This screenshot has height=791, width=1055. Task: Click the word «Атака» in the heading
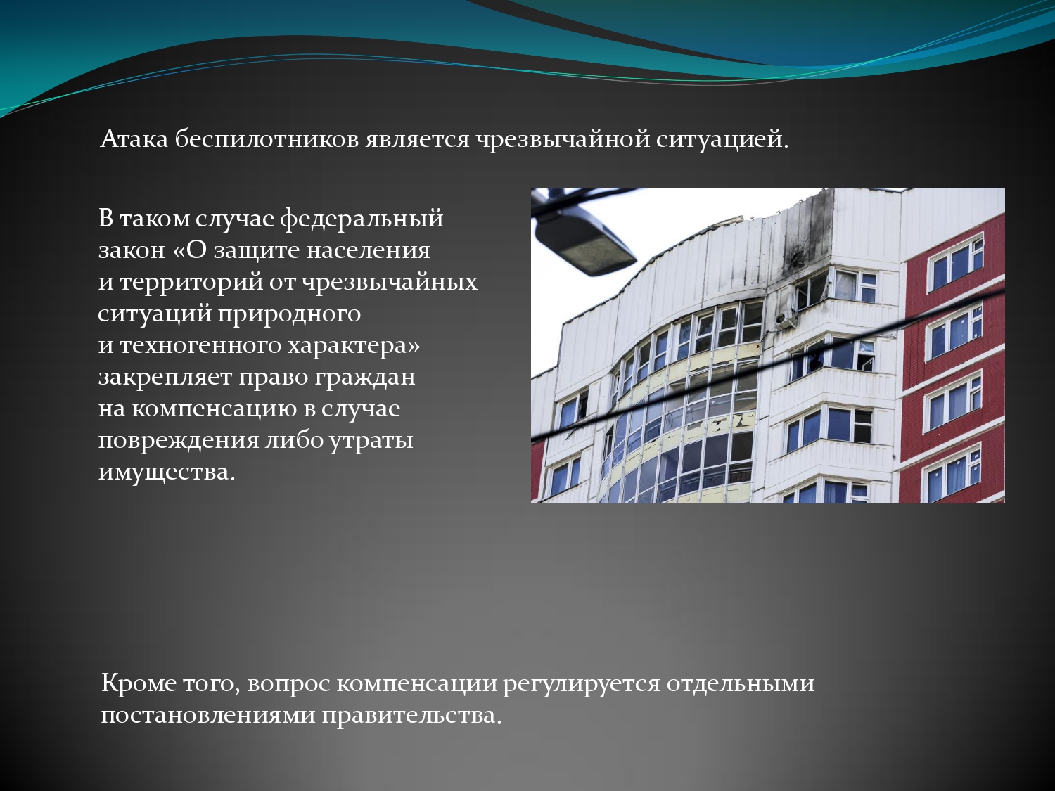click(x=134, y=139)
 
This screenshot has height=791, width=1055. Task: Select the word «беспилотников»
click(x=267, y=139)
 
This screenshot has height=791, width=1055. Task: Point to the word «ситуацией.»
click(x=722, y=140)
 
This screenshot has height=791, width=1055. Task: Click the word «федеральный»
click(x=362, y=219)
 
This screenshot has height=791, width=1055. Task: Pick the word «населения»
click(x=368, y=251)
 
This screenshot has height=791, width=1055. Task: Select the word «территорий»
click(x=191, y=283)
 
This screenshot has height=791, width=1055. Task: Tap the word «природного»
click(x=289, y=314)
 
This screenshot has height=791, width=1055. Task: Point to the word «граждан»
click(x=365, y=378)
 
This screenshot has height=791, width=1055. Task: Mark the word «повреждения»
click(x=179, y=441)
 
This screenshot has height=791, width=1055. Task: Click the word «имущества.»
click(x=167, y=472)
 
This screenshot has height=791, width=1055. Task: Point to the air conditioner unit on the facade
click(x=785, y=319)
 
